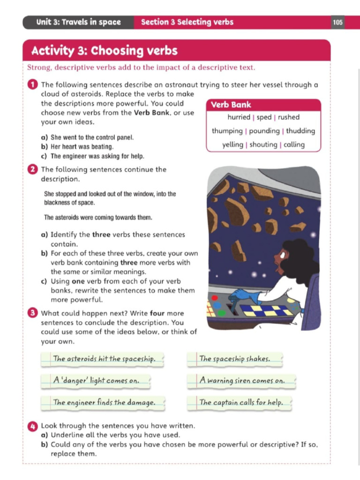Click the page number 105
[337, 22]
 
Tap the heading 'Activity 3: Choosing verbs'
[105, 51]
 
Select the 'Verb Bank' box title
[231, 105]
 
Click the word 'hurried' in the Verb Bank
[239, 117]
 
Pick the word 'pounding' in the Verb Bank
[264, 131]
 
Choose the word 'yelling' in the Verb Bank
[232, 145]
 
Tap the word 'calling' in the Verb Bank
[294, 144]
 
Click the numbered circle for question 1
[32, 84]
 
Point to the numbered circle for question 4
[32, 426]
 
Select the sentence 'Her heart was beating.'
[82, 147]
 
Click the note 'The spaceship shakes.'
[235, 359]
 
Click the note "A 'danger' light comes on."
[96, 381]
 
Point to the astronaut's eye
[282, 255]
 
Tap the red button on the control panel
[215, 298]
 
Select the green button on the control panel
[222, 313]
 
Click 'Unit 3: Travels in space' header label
[78, 22]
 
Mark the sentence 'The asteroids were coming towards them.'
[98, 217]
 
